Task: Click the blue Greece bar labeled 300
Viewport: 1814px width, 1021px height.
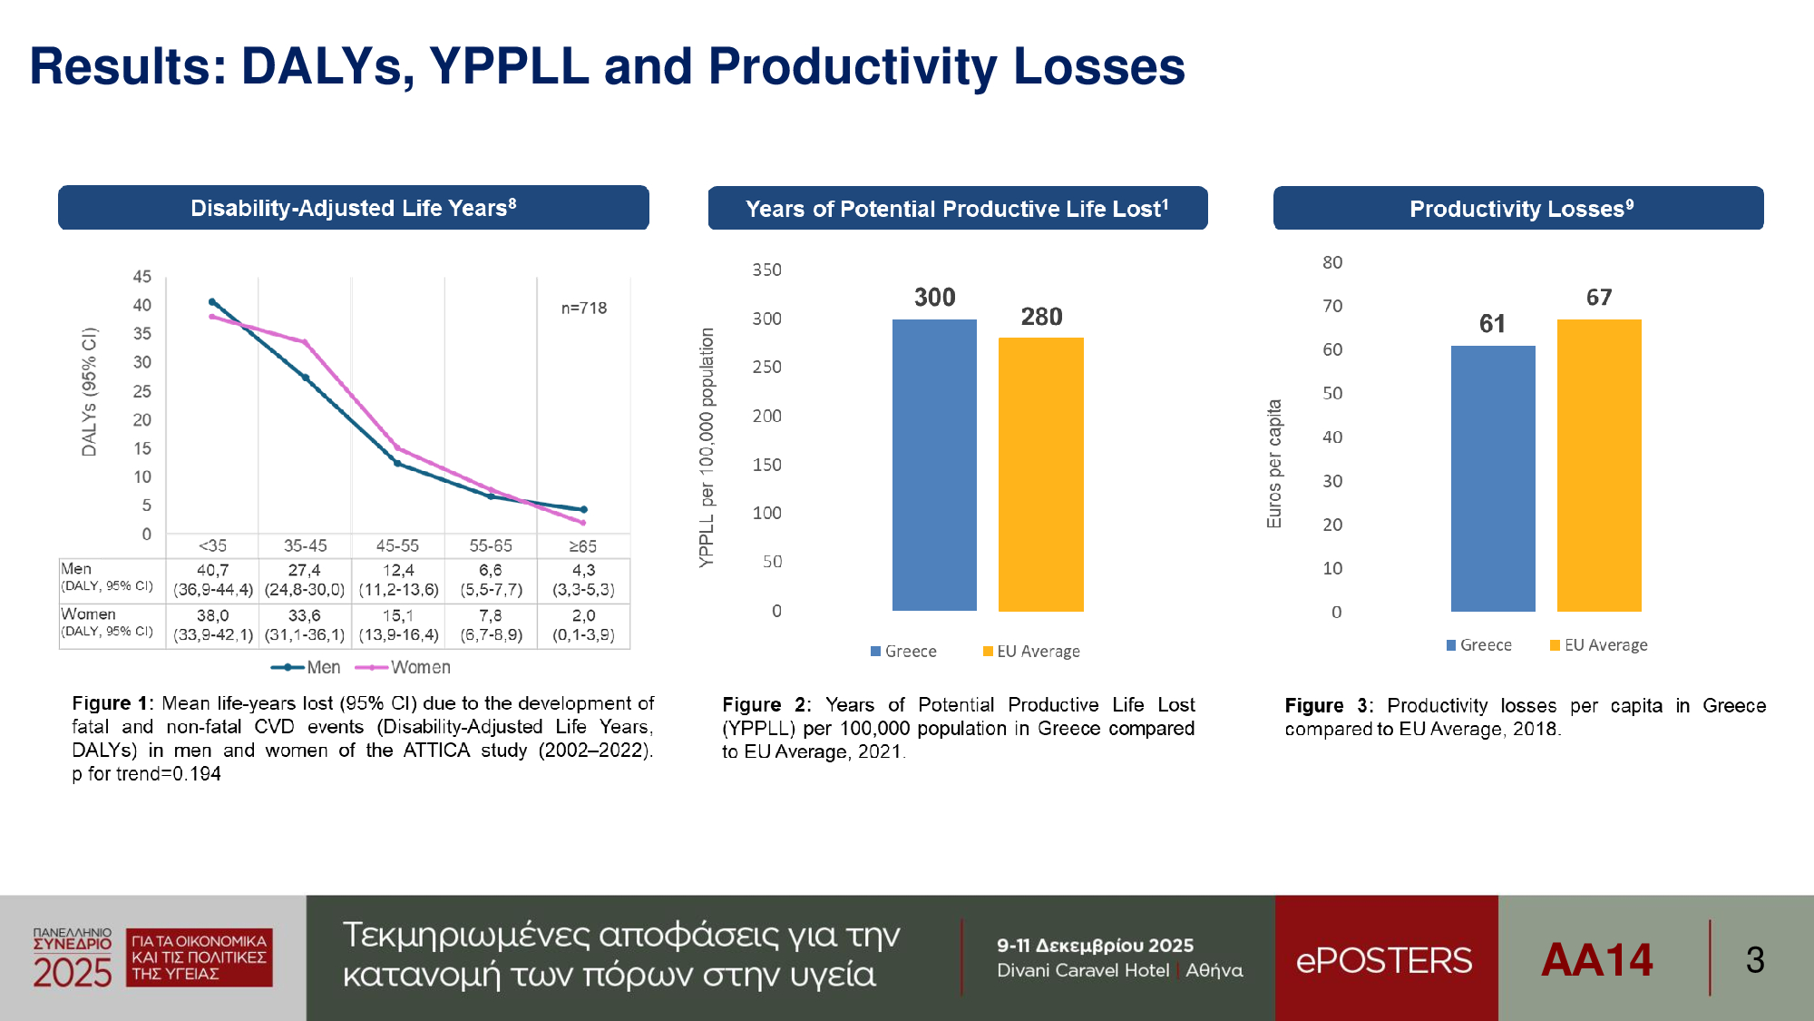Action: [934, 465]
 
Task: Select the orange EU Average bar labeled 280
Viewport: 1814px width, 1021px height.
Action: [1040, 474]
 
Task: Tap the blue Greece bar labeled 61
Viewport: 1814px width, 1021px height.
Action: [1493, 478]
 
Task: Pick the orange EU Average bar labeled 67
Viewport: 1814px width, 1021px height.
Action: [1599, 465]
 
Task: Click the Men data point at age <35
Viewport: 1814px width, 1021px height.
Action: [212, 302]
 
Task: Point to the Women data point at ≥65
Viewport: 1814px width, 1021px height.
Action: [582, 523]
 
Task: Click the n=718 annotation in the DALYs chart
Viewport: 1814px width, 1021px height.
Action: [583, 309]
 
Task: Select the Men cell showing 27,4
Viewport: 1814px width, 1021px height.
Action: [305, 570]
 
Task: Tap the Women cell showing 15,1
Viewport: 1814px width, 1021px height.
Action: [398, 615]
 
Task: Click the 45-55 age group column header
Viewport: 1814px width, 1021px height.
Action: [397, 545]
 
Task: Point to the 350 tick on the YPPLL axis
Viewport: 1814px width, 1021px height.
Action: [766, 270]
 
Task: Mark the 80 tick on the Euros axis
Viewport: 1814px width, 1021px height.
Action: [1331, 262]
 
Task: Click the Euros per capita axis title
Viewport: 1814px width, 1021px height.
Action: [1274, 464]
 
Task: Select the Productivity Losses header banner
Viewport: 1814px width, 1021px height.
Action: [1518, 208]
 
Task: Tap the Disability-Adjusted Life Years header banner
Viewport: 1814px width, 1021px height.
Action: [354, 208]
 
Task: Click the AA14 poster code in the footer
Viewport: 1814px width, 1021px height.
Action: [1596, 959]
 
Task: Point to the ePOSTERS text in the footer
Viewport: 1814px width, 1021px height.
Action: [1384, 960]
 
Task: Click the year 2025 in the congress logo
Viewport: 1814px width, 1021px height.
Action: [73, 973]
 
